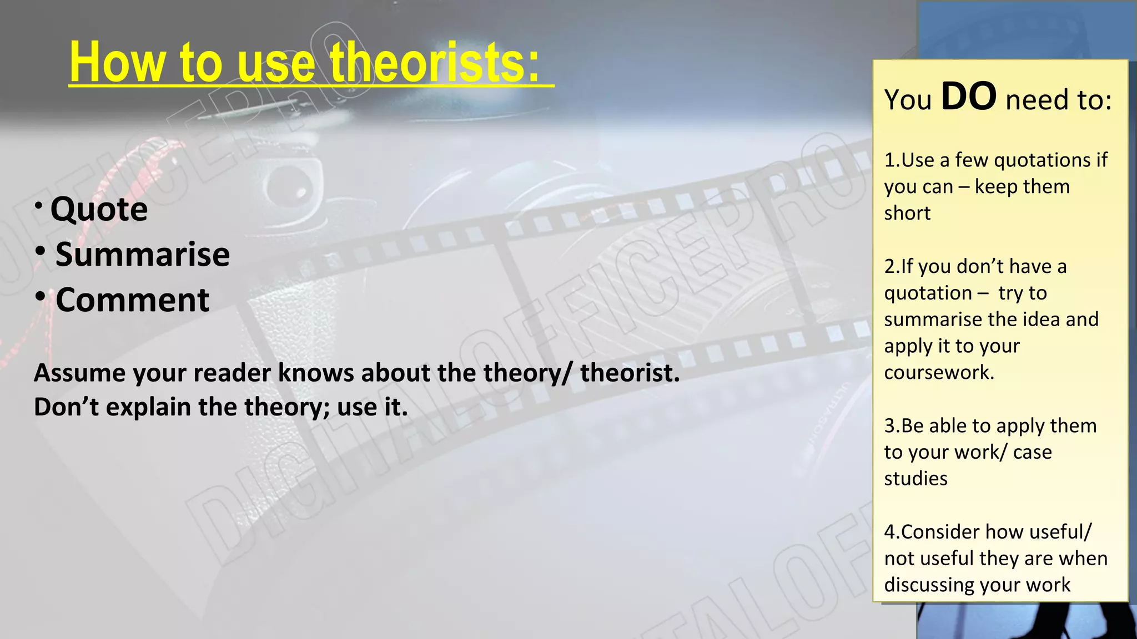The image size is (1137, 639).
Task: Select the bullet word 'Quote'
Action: point(99,209)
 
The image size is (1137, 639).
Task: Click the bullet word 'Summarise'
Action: point(143,254)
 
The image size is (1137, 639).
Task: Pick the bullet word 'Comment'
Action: point(132,300)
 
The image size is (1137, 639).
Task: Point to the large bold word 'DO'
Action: point(969,97)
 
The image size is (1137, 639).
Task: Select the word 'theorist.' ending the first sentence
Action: point(630,373)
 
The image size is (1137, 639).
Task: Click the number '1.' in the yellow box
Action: point(892,160)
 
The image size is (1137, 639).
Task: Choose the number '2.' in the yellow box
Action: point(892,267)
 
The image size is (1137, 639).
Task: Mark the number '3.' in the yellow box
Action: point(892,426)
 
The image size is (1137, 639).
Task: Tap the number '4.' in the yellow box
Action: point(892,532)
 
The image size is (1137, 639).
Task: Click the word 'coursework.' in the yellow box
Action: point(939,372)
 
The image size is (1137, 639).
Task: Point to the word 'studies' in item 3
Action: point(915,479)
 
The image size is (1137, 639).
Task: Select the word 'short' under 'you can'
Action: point(907,213)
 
